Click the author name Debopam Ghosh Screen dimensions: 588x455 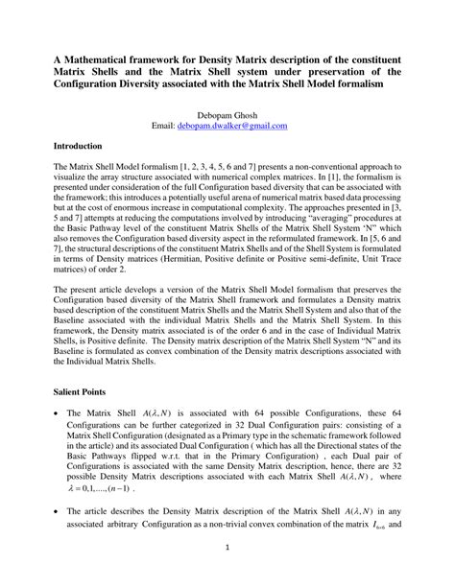[x=227, y=113]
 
